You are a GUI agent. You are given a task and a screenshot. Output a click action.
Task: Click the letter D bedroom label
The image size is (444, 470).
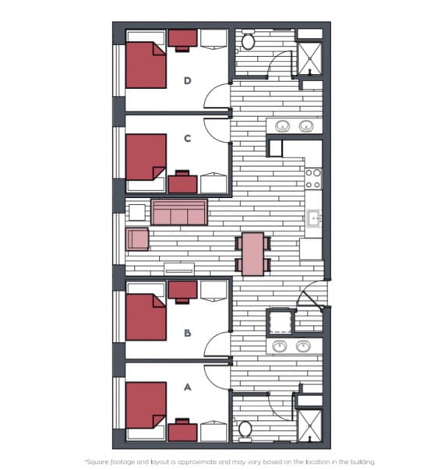point(188,80)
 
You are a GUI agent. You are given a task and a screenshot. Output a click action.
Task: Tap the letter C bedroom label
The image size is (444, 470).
point(188,139)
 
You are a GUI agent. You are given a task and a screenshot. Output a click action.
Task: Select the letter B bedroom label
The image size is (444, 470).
point(188,333)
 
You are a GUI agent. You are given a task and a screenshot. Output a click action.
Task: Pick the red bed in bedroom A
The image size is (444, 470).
point(146,405)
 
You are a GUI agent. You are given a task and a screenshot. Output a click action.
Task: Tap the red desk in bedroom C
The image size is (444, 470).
point(182,182)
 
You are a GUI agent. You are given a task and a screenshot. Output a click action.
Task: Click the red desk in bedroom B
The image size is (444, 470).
point(182,291)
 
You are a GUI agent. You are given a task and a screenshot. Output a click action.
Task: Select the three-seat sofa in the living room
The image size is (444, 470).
point(179,213)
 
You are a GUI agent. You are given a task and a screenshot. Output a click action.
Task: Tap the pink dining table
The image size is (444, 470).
point(253,254)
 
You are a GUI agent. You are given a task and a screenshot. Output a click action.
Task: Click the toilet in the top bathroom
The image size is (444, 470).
point(248,41)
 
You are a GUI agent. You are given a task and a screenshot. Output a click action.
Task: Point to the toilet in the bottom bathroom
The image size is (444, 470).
point(245,429)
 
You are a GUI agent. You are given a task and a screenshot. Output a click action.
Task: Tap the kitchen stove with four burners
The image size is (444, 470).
point(313,178)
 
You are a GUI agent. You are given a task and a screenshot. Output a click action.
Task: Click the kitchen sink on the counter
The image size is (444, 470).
point(314,218)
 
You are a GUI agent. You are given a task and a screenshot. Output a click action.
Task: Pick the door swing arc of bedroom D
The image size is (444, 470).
point(216,96)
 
